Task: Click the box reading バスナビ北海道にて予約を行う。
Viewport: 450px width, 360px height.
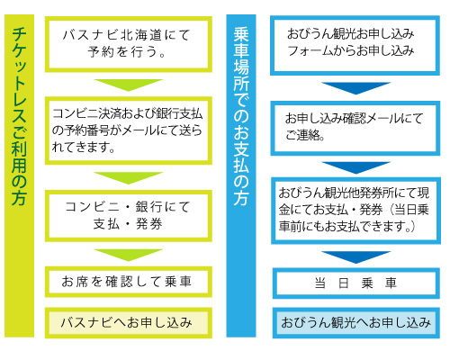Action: tap(129, 44)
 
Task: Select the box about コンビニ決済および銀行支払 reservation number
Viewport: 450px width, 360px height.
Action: tap(129, 130)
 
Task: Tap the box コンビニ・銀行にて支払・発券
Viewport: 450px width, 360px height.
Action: tap(129, 216)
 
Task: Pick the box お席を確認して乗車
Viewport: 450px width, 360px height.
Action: tap(129, 282)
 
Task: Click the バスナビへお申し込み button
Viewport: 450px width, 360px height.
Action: tap(129, 323)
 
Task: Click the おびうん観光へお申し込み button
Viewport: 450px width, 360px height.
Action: tap(356, 323)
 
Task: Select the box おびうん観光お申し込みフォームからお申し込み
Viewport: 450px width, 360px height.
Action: tap(355, 45)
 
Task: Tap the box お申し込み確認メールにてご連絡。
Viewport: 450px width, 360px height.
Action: tap(355, 128)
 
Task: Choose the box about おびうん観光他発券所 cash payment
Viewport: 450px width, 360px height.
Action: tap(355, 211)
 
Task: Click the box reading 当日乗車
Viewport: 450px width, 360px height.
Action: tap(356, 283)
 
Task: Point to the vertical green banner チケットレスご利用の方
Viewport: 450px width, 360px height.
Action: tap(19, 175)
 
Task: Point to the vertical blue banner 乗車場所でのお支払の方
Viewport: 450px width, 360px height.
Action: tap(241, 175)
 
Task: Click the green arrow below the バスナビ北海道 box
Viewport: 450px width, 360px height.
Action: tap(129, 85)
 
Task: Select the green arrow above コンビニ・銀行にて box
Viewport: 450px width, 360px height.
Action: tap(129, 177)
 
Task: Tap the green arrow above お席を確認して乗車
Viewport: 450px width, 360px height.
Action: tap(129, 255)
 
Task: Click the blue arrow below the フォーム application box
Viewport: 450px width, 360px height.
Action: tap(356, 87)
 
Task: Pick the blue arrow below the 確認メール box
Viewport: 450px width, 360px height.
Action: tap(356, 167)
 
